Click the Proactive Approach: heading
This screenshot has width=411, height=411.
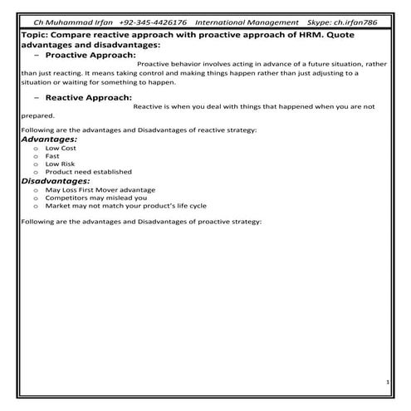(x=95, y=55)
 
